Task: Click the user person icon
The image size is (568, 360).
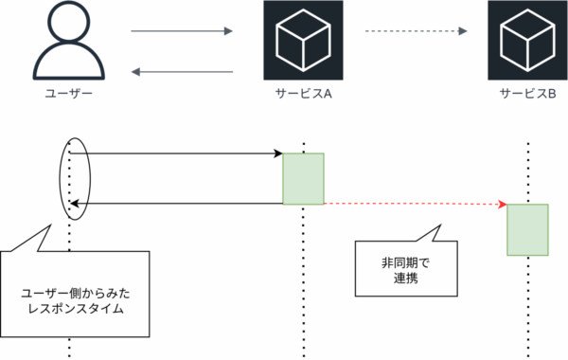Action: (x=69, y=44)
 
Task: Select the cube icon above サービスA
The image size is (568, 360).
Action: (x=302, y=41)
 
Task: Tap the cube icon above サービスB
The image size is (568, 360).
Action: (x=526, y=41)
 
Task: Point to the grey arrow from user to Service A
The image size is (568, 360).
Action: (x=181, y=31)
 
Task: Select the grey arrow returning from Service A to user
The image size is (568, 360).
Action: (x=181, y=72)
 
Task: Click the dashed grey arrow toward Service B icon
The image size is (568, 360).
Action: (x=417, y=31)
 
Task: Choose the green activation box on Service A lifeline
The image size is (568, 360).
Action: (x=303, y=178)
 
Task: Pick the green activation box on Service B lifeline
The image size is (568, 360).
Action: (x=527, y=229)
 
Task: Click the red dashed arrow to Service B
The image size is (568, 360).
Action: (x=412, y=204)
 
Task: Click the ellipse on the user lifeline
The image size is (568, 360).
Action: (x=75, y=178)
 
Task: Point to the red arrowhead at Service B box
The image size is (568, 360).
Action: (x=503, y=205)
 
